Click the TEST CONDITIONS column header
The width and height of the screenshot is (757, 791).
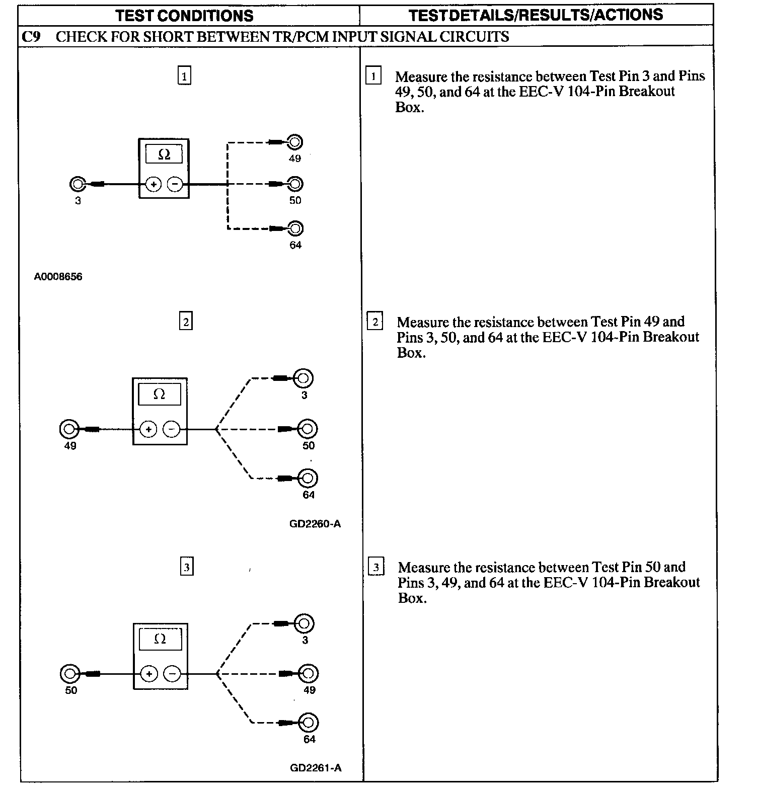tap(184, 16)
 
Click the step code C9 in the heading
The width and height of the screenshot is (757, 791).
tap(32, 37)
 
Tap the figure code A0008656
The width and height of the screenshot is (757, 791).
tap(58, 277)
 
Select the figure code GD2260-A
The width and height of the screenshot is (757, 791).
tap(315, 524)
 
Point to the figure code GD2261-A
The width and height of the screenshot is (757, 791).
tap(316, 768)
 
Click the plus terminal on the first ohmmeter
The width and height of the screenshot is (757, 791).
tap(153, 185)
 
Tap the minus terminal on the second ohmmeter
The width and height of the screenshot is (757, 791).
tap(172, 429)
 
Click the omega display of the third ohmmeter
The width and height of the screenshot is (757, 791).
tap(160, 639)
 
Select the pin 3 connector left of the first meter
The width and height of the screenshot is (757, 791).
tap(77, 185)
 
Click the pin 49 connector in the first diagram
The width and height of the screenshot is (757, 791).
tap(295, 142)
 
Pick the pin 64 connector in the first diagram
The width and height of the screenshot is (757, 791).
tap(295, 229)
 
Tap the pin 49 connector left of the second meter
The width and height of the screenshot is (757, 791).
tap(69, 429)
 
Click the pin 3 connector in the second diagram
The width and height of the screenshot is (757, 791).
tap(304, 378)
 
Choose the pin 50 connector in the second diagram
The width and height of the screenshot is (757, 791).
tap(308, 429)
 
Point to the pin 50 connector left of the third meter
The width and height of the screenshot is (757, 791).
tap(69, 673)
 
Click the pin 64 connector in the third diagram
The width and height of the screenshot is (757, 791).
tap(309, 723)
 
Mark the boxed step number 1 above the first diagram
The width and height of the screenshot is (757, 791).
tap(184, 76)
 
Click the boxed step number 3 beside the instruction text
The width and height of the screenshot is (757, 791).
tap(376, 567)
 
